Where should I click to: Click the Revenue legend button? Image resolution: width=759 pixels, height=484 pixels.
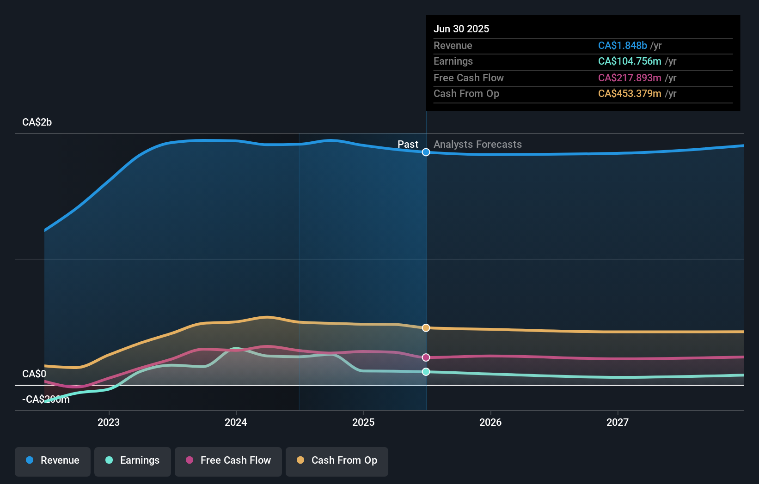(x=53, y=460)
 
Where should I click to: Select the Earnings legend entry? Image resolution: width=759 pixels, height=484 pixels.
(x=133, y=460)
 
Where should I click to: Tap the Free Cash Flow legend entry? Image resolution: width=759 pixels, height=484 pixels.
(x=228, y=460)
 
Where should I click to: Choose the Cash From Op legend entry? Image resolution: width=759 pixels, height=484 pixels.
(x=337, y=460)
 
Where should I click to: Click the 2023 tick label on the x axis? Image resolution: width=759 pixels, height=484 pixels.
(x=109, y=422)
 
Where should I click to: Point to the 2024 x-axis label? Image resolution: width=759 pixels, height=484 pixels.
(x=236, y=422)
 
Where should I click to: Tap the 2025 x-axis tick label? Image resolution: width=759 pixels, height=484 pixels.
(x=363, y=422)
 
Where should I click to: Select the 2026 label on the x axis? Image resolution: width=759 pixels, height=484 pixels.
(x=490, y=422)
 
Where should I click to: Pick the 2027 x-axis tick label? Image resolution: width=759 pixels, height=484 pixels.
(x=618, y=422)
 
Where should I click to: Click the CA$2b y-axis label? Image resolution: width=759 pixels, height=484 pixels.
(x=37, y=122)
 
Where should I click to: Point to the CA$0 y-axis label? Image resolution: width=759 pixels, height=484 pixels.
(x=34, y=374)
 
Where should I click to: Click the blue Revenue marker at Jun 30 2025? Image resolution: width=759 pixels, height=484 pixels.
(x=426, y=152)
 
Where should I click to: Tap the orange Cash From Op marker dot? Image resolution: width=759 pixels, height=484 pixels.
(x=426, y=328)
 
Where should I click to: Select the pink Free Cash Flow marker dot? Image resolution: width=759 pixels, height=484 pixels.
(x=426, y=357)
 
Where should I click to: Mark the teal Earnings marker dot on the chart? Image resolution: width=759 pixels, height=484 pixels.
(x=426, y=372)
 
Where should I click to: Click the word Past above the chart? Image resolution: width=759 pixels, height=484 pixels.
(x=408, y=145)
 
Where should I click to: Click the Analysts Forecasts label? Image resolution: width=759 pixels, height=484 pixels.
(x=477, y=145)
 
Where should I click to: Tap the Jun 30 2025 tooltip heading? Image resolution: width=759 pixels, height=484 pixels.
(x=461, y=29)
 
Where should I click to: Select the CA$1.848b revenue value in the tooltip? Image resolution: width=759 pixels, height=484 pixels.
(x=622, y=46)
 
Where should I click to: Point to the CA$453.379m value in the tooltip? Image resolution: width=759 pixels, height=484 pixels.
(x=630, y=94)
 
